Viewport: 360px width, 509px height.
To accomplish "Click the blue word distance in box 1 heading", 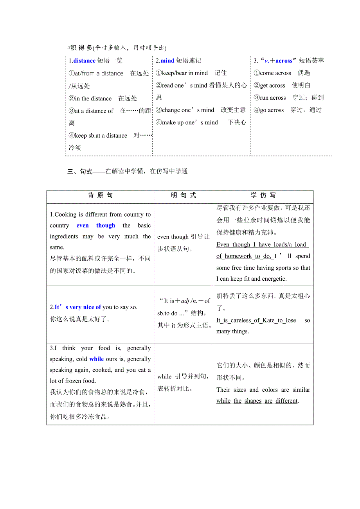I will tap(85, 61).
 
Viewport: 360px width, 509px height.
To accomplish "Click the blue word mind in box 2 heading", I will tap(167, 61).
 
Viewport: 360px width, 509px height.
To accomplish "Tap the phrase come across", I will tap(275, 73).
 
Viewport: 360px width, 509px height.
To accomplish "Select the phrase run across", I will tap(273, 98).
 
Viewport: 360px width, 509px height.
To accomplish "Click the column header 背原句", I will tap(100, 195).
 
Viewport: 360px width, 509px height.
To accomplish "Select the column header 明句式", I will tap(184, 195).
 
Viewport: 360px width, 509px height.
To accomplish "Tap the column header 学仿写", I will tap(263, 195).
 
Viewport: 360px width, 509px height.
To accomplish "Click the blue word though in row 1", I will tap(106, 226).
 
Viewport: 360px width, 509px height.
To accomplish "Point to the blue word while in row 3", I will tap(97, 359).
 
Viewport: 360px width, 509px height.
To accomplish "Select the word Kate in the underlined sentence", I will tap(268, 320).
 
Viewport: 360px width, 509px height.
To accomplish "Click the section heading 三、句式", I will tap(80, 171).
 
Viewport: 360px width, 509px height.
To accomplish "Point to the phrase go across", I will tap(272, 110).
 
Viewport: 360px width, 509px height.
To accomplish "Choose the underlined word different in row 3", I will tap(286, 401).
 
